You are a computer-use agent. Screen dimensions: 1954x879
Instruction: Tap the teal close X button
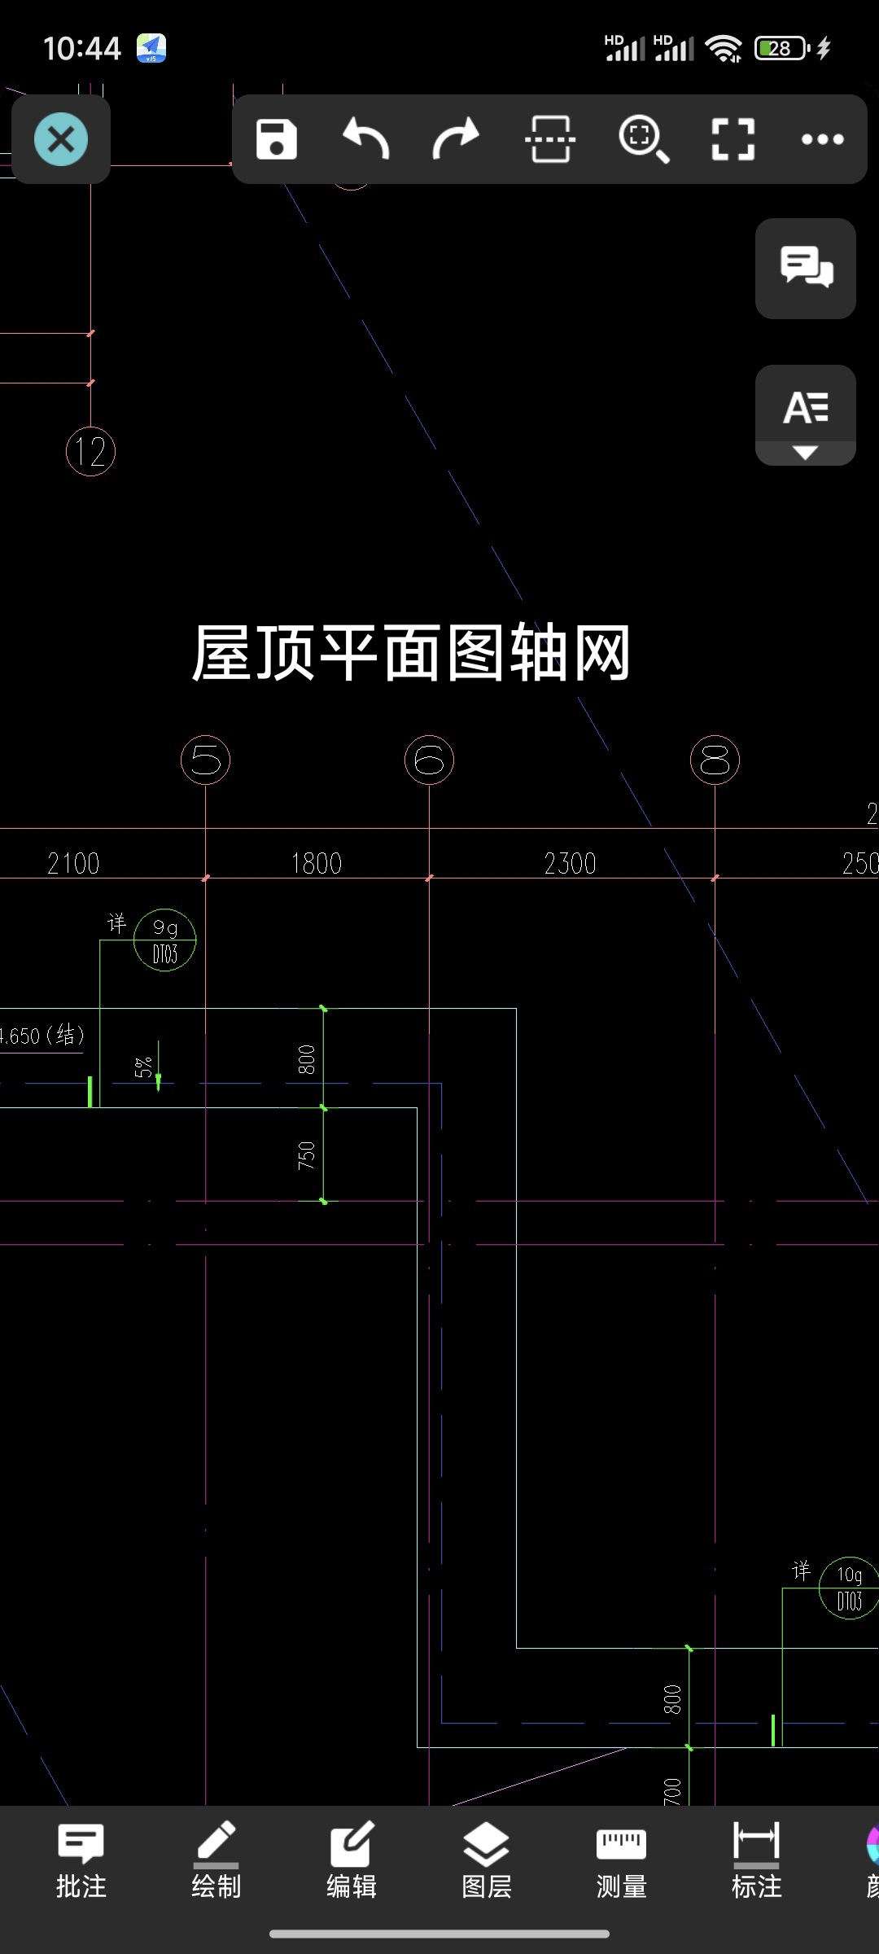(61, 139)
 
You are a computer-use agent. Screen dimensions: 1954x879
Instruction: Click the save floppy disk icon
(277, 139)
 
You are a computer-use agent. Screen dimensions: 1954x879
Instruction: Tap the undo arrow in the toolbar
(366, 139)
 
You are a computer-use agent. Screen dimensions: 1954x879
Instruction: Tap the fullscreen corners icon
(732, 139)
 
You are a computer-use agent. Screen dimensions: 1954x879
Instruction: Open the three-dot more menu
(822, 139)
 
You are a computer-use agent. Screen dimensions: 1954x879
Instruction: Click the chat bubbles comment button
(806, 268)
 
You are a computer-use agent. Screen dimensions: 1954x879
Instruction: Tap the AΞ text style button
(806, 414)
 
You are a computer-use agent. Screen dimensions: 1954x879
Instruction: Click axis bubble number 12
(90, 452)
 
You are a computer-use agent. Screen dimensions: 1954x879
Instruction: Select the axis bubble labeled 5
(205, 760)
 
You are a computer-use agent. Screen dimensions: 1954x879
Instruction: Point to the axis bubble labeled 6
(429, 760)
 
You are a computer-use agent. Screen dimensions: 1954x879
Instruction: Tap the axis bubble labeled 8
(715, 760)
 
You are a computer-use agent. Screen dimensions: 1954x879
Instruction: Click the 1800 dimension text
(317, 864)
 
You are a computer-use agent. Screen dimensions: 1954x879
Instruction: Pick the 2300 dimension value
(570, 864)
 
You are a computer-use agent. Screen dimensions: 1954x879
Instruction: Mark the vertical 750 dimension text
(307, 1155)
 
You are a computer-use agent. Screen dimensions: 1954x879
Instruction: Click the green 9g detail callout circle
(165, 940)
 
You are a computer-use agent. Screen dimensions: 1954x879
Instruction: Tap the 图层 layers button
(486, 1860)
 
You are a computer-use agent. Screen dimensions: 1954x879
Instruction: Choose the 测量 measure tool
(621, 1860)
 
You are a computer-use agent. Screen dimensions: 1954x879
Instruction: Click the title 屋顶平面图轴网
(411, 653)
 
